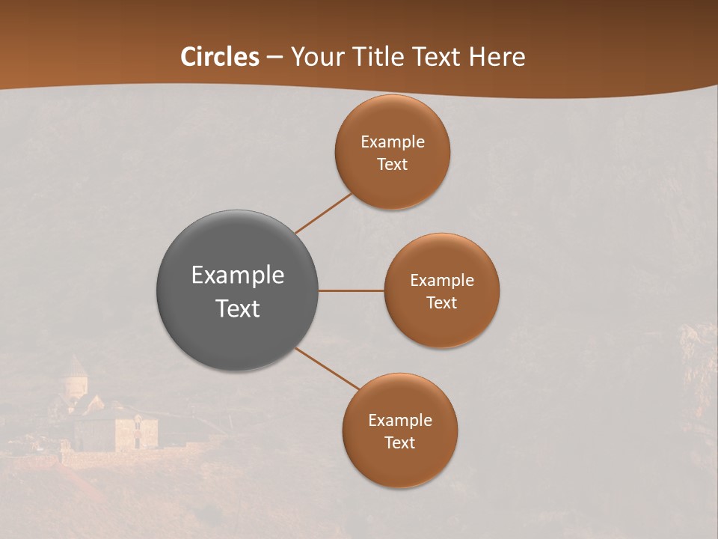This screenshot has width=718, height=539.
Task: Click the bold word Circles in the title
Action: click(220, 57)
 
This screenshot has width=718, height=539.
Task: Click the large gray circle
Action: click(237, 329)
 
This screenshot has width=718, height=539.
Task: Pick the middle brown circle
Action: click(441, 326)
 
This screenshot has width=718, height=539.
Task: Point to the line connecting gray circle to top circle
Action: click(323, 213)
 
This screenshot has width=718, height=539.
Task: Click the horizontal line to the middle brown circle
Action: click(351, 290)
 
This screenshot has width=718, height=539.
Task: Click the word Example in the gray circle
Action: click(237, 275)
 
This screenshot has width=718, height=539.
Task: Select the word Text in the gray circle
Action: click(237, 308)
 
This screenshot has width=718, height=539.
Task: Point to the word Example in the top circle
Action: click(392, 142)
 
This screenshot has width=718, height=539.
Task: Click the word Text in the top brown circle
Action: click(392, 165)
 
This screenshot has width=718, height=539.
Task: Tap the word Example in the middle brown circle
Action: click(441, 281)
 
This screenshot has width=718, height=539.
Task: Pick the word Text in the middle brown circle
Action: click(441, 303)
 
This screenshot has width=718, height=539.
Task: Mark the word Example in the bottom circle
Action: click(399, 421)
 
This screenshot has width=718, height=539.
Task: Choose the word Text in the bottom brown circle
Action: click(399, 443)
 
